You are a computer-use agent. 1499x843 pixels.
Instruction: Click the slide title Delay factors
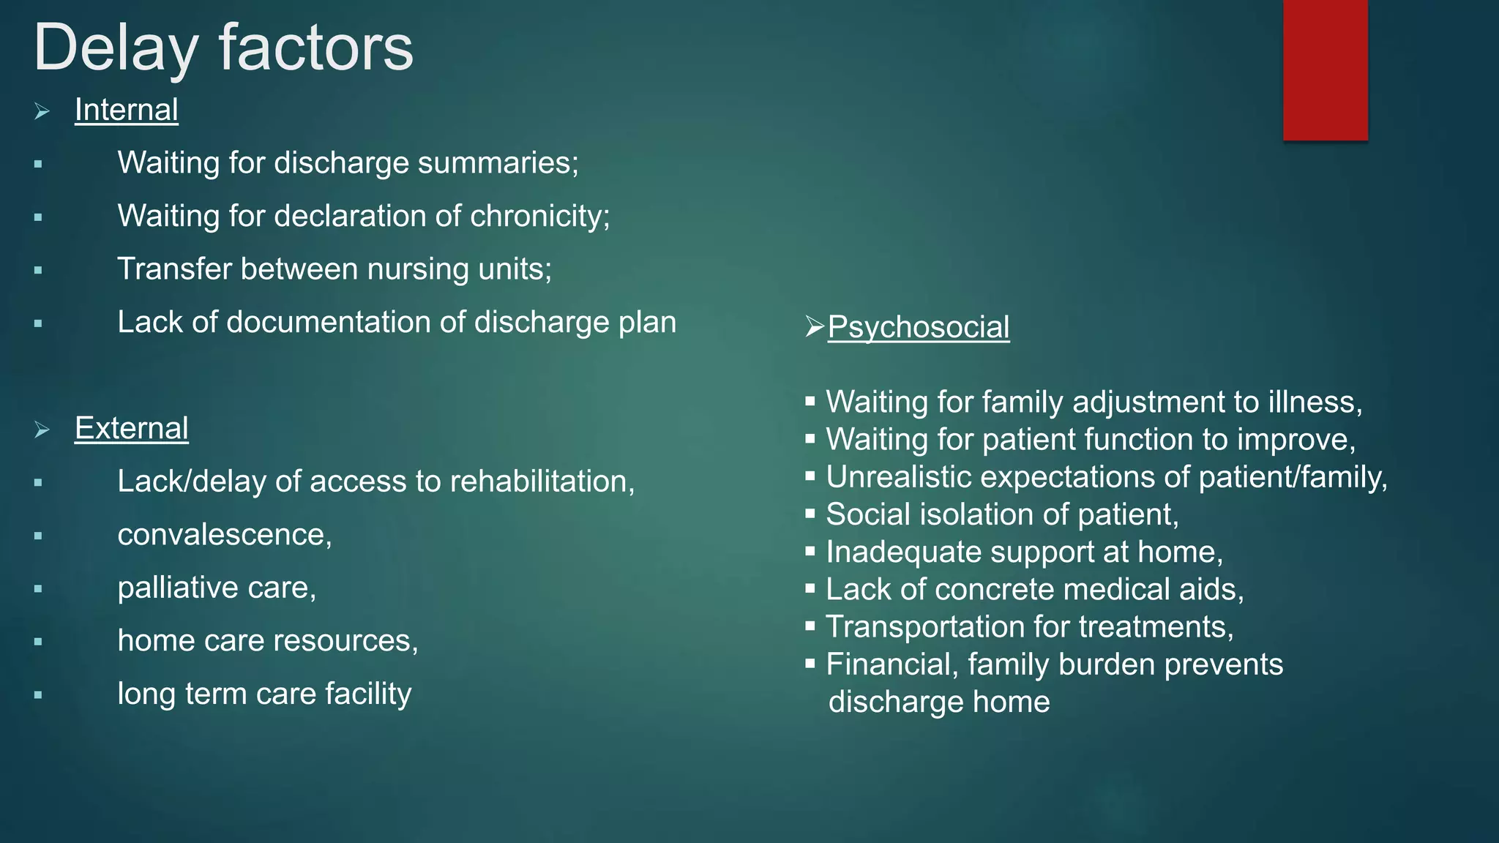223,48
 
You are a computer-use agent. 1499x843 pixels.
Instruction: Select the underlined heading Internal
126,110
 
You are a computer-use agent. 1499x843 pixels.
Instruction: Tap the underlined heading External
131,429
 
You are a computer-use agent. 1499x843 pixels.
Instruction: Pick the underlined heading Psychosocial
918,327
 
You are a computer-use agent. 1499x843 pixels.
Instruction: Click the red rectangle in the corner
1325,70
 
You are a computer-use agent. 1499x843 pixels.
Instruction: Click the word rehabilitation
542,482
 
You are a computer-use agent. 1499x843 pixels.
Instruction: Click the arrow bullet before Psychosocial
814,326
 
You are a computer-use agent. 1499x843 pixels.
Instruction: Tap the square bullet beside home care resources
38,642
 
